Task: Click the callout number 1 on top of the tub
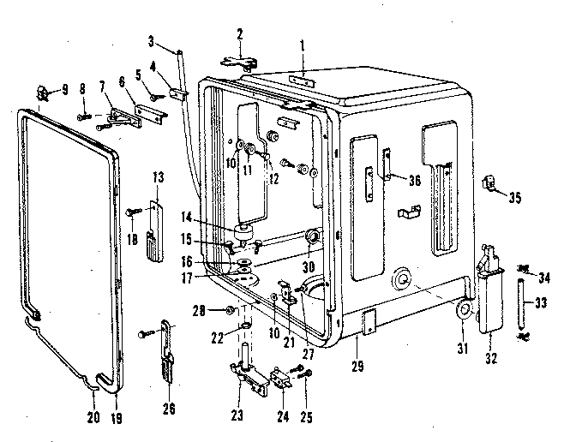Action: coord(303,43)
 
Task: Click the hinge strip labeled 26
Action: coord(166,351)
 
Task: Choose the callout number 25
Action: coord(306,393)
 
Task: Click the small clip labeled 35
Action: coord(491,182)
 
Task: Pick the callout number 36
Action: coord(414,180)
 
